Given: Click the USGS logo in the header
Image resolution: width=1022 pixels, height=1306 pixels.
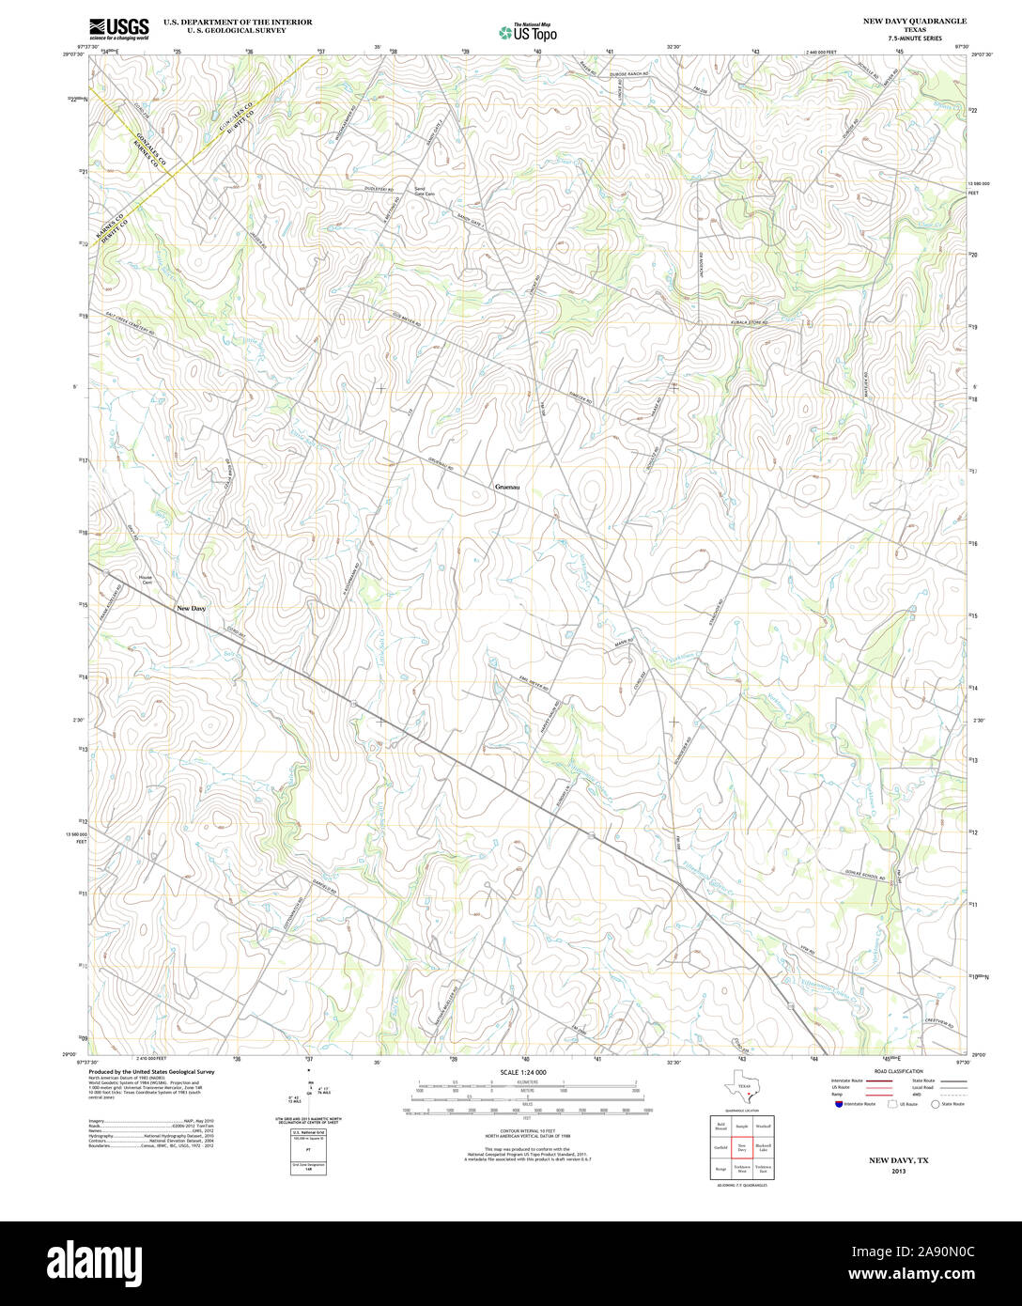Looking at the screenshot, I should pyautogui.click(x=118, y=28).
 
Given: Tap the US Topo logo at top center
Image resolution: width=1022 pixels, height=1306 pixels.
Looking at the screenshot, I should pyautogui.click(x=528, y=31).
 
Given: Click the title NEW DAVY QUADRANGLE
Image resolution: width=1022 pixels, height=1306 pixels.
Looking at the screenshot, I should pyautogui.click(x=916, y=21).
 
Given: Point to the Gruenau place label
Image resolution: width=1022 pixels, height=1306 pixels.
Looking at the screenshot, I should pyautogui.click(x=507, y=487).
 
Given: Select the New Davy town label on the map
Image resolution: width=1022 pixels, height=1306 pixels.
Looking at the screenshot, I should pyautogui.click(x=191, y=608).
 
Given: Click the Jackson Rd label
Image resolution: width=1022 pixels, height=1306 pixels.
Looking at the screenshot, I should pyautogui.click(x=701, y=266).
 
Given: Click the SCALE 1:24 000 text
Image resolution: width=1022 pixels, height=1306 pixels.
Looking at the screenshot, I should pyautogui.click(x=523, y=1072).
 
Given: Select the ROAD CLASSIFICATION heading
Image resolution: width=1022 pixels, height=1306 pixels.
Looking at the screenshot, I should pyautogui.click(x=898, y=1072).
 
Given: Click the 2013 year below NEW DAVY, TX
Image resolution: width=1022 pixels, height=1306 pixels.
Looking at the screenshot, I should pyautogui.click(x=898, y=1173).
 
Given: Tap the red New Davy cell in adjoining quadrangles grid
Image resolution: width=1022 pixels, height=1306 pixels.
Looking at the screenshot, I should pyautogui.click(x=741, y=1146).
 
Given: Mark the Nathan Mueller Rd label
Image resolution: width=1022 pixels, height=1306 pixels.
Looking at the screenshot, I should pyautogui.click(x=438, y=1008).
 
